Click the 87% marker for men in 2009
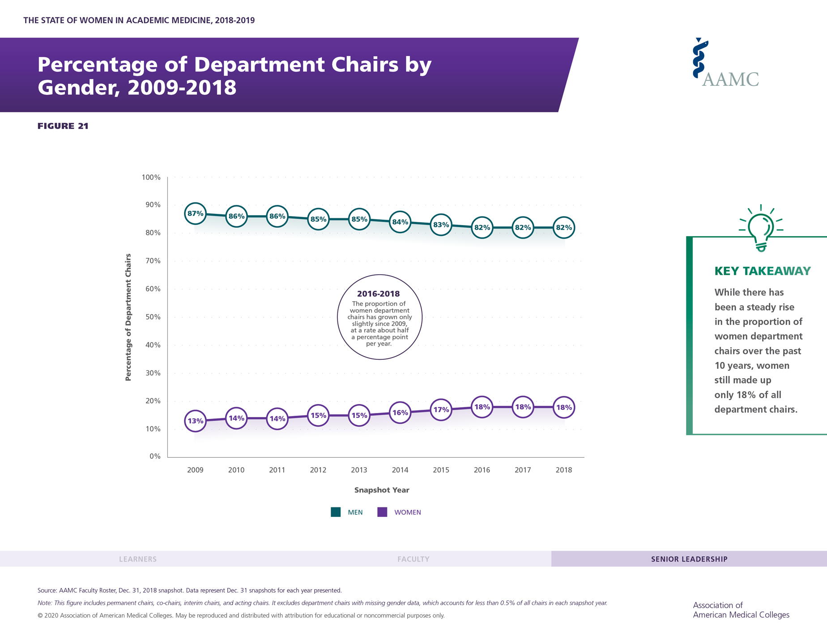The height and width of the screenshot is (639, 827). pos(195,213)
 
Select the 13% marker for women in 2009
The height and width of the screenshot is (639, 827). pos(195,421)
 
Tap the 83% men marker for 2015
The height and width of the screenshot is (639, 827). pos(441,225)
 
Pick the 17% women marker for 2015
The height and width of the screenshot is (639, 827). pos(441,410)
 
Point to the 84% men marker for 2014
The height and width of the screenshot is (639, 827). pos(400,222)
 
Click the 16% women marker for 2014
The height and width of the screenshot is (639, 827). pos(400,413)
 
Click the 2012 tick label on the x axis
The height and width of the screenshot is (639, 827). pos(318,470)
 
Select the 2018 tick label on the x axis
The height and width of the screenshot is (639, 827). pos(563,470)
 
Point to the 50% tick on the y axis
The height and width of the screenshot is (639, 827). pos(152,317)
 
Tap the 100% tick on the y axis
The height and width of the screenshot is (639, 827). pos(151,177)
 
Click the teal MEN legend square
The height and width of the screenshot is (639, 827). pos(336,512)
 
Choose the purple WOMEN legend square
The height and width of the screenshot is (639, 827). pos(382,512)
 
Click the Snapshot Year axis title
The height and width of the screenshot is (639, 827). pos(382,490)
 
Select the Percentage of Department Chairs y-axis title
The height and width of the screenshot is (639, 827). pos(128,317)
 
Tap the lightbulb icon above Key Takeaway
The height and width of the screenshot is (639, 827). pos(761,228)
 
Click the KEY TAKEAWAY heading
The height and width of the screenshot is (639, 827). pos(763,271)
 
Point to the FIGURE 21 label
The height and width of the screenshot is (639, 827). pos(63,126)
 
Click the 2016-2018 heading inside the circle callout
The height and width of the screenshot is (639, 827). pos(378,294)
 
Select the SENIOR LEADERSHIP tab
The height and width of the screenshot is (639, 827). pos(689,559)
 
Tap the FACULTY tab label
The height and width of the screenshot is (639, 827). pos(413,559)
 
